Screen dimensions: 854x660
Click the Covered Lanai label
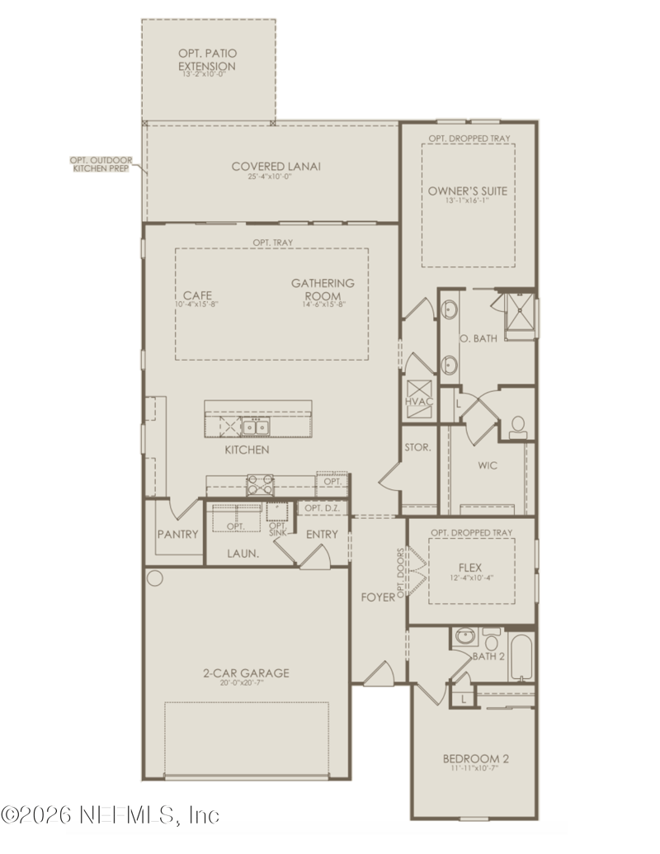pos(276,167)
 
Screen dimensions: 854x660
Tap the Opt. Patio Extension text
pos(207,60)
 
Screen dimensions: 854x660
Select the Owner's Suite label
pos(467,191)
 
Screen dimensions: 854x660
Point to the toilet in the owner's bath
pos(518,425)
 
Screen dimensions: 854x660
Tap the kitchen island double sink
pos(256,427)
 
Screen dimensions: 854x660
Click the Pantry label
pos(177,535)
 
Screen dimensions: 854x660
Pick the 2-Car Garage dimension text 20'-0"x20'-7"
pos(246,683)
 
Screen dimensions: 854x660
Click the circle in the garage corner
pos(154,575)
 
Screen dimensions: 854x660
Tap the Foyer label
pos(378,595)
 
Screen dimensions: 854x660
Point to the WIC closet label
pos(488,465)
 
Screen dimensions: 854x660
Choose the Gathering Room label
pos(323,289)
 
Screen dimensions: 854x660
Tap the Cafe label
pos(196,295)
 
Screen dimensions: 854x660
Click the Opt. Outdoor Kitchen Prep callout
pos(104,163)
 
